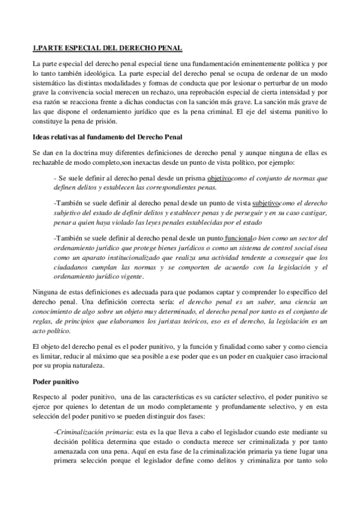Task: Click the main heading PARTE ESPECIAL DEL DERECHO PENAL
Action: tap(107, 48)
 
